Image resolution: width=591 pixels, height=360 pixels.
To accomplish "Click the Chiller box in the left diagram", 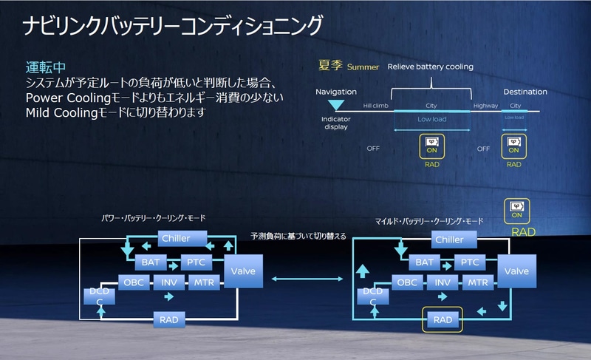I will click(x=175, y=239).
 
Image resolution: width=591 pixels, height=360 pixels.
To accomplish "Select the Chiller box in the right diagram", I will click(x=449, y=240).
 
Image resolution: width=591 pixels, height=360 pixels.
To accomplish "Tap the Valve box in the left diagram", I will click(x=243, y=271).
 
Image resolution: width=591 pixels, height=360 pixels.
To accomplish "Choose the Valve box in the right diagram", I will click(x=516, y=271).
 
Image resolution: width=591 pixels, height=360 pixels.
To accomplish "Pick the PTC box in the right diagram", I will click(x=471, y=262).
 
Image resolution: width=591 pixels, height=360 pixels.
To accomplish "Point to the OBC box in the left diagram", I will click(x=133, y=282).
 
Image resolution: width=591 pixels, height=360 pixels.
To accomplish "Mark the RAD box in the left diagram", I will click(x=168, y=320).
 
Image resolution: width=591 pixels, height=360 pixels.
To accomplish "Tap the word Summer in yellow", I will click(x=363, y=67).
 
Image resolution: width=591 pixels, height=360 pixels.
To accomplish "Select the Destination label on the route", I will click(x=525, y=92).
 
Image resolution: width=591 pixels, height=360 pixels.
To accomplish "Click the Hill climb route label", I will click(x=376, y=106).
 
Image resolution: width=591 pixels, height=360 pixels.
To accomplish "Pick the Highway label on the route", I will click(x=485, y=106).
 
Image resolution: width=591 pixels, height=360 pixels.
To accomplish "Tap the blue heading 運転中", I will click(x=46, y=68).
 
